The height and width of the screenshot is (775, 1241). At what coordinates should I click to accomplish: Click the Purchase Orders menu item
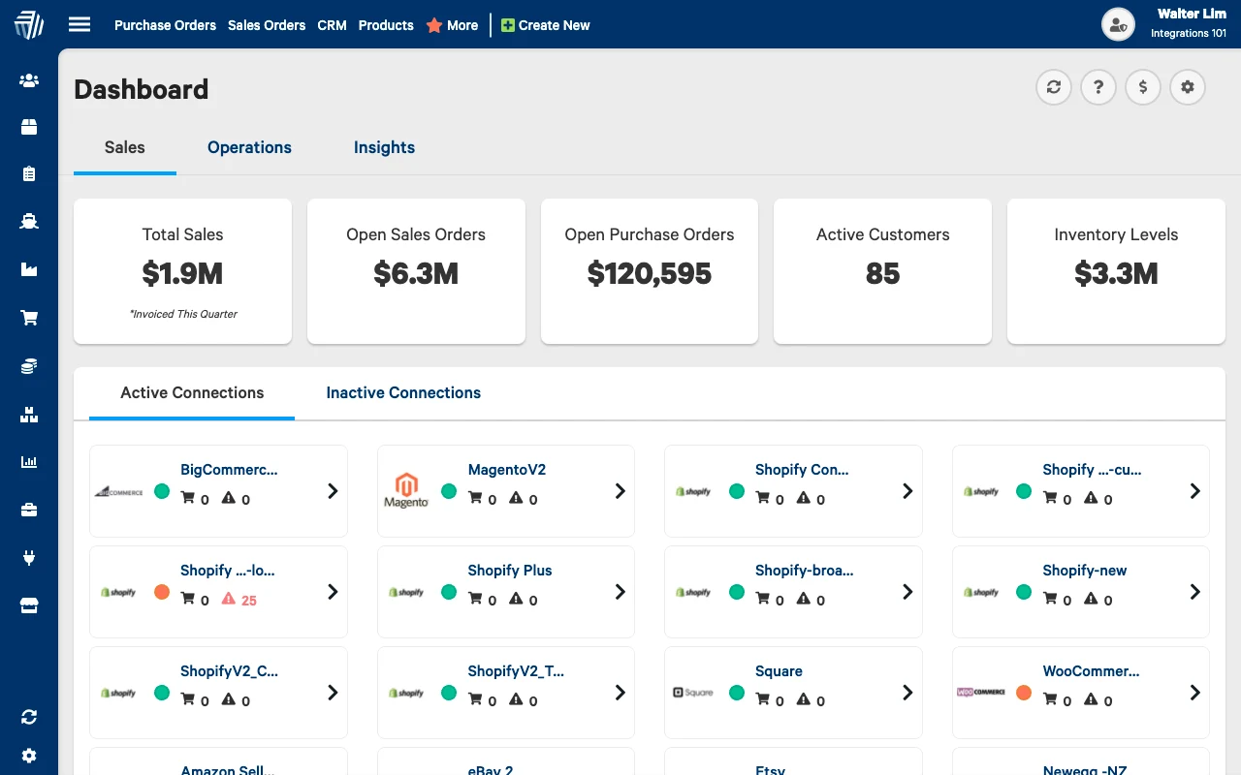[165, 25]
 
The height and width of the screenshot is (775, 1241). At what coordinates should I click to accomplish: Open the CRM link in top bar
[332, 25]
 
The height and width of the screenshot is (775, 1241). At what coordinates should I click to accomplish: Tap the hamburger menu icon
[80, 25]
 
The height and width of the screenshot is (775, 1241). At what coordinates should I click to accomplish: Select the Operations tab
[249, 147]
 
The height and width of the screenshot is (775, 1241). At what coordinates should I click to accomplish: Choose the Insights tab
[384, 147]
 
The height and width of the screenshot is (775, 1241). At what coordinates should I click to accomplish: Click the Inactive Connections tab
[403, 392]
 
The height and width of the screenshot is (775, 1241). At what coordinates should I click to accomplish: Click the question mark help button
[1098, 87]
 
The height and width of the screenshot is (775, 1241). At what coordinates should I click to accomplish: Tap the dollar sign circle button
[1143, 87]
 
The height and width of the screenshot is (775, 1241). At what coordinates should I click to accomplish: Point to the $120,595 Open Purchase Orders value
[650, 274]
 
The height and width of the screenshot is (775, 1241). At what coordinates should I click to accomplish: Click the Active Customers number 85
[882, 274]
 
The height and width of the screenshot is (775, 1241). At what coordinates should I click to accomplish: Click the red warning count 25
[248, 601]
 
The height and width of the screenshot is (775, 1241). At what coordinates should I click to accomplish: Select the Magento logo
[406, 490]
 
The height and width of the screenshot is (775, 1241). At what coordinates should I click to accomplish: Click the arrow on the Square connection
[907, 693]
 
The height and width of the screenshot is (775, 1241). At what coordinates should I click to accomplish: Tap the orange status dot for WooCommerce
[1024, 693]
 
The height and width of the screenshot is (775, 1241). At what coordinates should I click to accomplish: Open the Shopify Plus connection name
[510, 571]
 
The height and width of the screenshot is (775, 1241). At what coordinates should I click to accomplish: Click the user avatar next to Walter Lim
[1119, 25]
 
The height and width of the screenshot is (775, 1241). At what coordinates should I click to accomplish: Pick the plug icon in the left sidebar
[29, 557]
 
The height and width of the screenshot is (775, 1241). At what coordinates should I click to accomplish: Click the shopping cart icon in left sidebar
[29, 318]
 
